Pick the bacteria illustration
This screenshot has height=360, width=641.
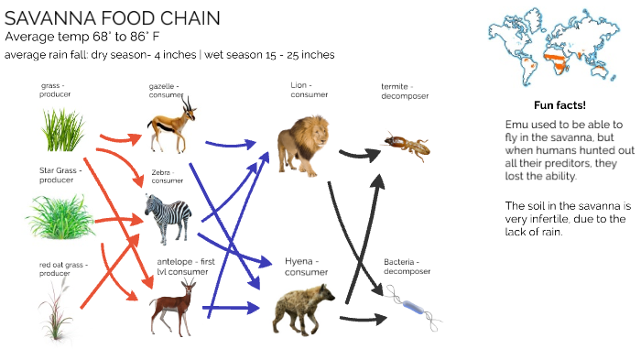click(412, 307)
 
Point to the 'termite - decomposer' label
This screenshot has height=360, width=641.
click(405, 91)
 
